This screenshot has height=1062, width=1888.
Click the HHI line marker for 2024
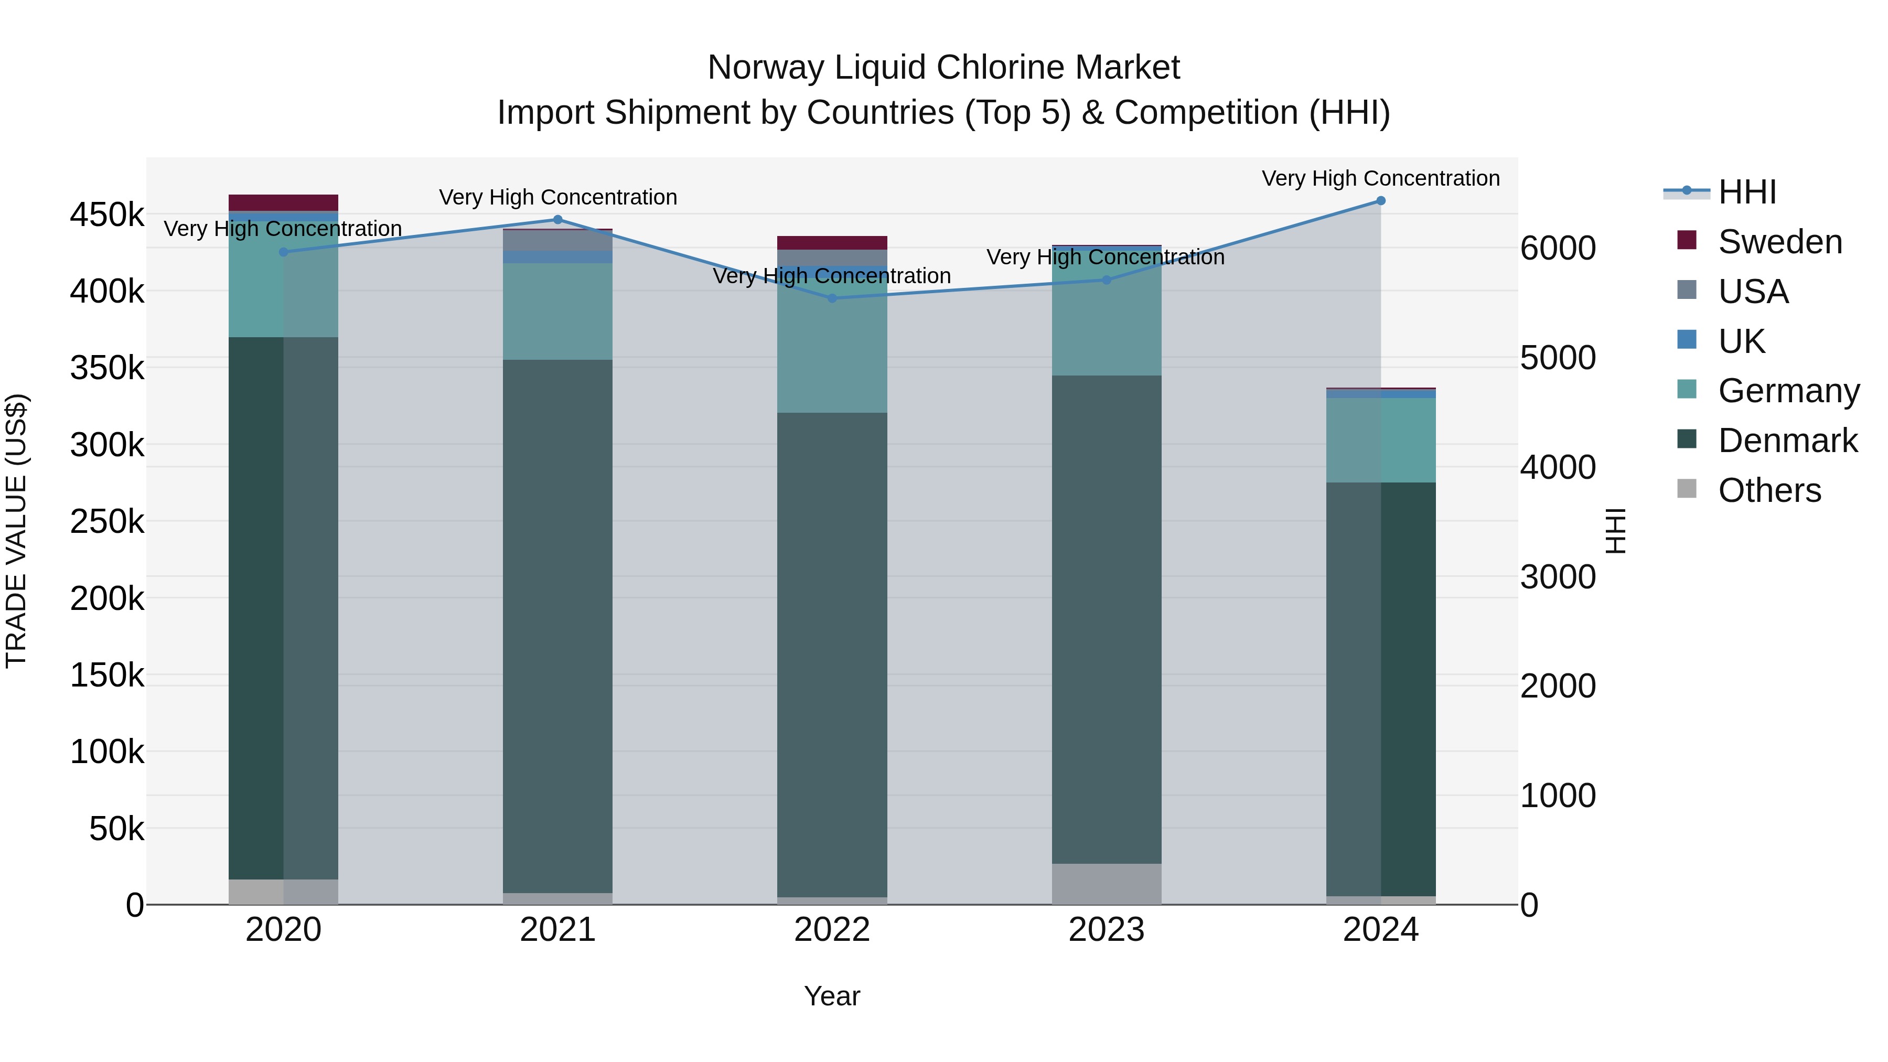coord(1381,201)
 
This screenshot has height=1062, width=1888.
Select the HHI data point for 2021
coord(558,220)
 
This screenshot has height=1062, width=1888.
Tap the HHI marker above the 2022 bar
coord(832,298)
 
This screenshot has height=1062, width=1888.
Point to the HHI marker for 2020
coord(284,252)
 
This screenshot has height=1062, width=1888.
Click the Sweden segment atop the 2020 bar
coord(284,203)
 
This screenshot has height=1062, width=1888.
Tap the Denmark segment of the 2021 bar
coord(558,627)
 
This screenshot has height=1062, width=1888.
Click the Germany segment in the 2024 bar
coord(1381,441)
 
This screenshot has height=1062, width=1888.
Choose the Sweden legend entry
coord(1779,242)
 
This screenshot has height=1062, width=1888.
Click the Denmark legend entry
coord(1787,441)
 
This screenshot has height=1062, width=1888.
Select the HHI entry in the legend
coord(1746,192)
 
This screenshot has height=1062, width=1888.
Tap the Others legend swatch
coord(1687,489)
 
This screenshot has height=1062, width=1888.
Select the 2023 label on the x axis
coord(1107,930)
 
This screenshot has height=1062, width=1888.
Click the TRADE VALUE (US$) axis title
coord(16,531)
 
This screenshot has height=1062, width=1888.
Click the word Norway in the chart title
coord(766,68)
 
